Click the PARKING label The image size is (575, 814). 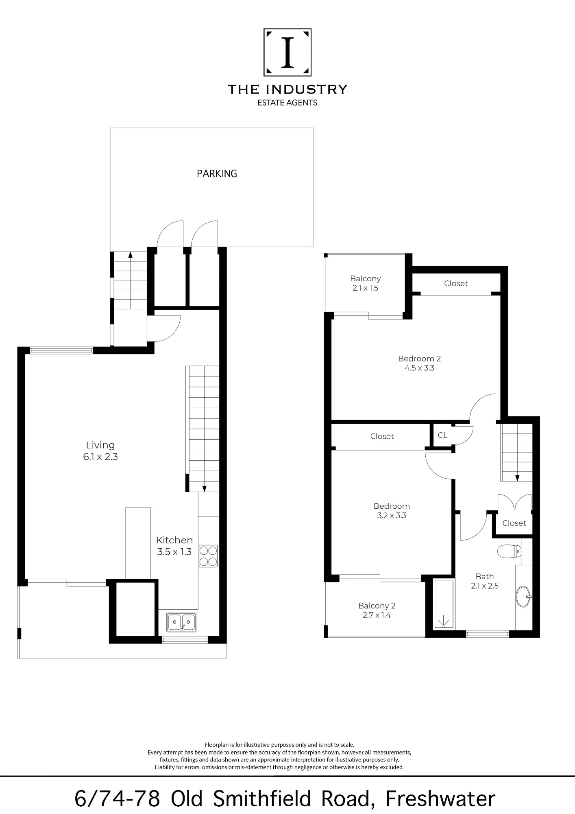pyautogui.click(x=217, y=174)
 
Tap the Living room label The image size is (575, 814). pyautogui.click(x=100, y=451)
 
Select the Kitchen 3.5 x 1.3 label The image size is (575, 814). pyautogui.click(x=174, y=546)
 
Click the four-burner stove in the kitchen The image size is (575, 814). pyautogui.click(x=208, y=556)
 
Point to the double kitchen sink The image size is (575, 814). pyautogui.click(x=181, y=622)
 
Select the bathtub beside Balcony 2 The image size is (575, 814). pyautogui.click(x=444, y=604)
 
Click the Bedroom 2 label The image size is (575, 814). pyautogui.click(x=419, y=363)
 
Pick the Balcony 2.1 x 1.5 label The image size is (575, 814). pyautogui.click(x=365, y=283)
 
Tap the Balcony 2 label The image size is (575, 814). pyautogui.click(x=377, y=610)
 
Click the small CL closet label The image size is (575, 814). pyautogui.click(x=442, y=435)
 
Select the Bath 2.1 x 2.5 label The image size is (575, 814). pyautogui.click(x=485, y=581)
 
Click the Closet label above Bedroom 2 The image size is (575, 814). pyautogui.click(x=456, y=283)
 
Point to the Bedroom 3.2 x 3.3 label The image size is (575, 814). pyautogui.click(x=392, y=511)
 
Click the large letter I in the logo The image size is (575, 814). pyautogui.click(x=288, y=52)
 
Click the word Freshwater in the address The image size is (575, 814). pyautogui.click(x=440, y=799)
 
